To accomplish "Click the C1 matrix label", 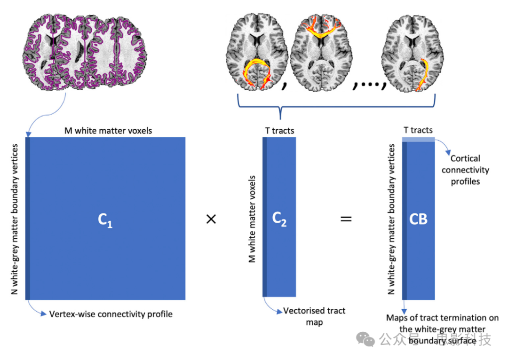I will (x=106, y=219).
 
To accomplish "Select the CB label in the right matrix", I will (x=418, y=219).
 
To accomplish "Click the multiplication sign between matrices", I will (x=211, y=219).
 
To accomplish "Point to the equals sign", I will (x=346, y=219).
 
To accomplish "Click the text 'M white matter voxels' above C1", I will (x=108, y=131).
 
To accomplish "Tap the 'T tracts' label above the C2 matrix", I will (x=279, y=131).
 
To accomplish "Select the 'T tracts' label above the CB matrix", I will (x=418, y=130).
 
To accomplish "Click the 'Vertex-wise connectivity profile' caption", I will (x=111, y=313).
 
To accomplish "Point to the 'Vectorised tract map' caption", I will (x=314, y=316).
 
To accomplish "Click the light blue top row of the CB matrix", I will (x=418, y=139).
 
